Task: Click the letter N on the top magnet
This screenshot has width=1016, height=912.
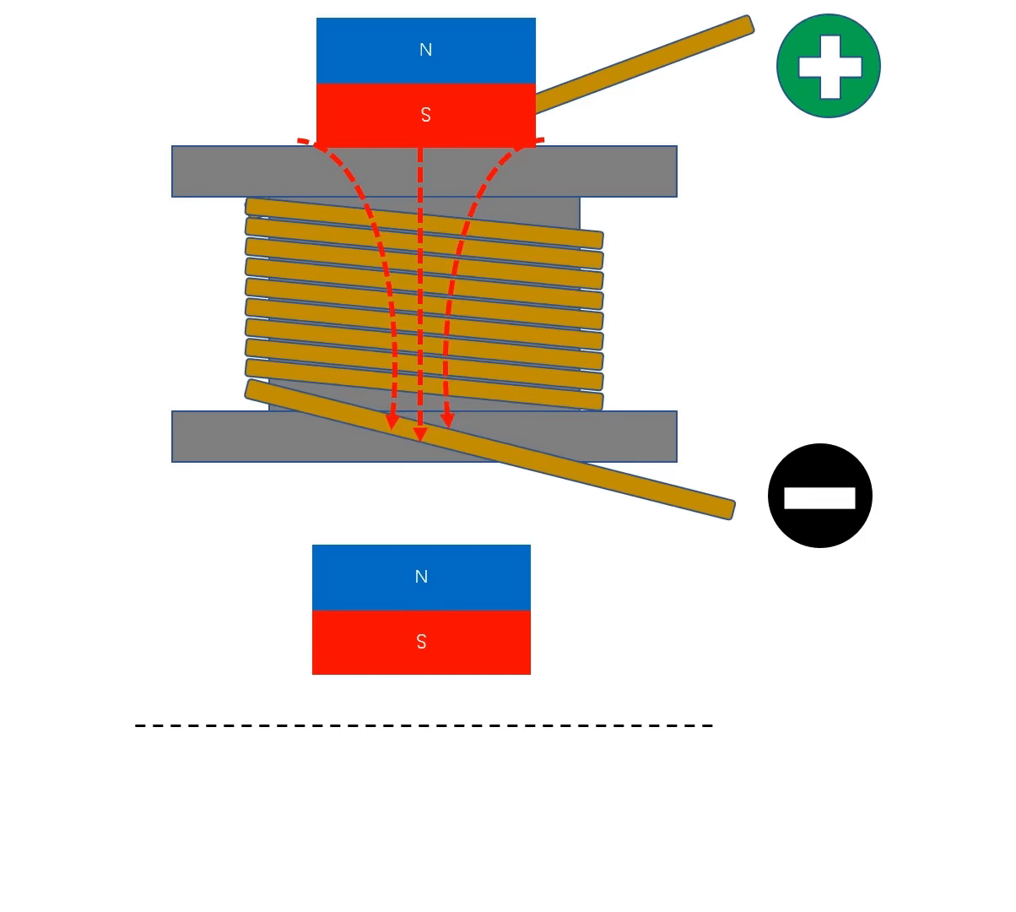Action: (425, 50)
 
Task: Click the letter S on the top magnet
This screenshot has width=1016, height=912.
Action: (425, 115)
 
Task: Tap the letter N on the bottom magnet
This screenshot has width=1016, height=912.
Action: (421, 577)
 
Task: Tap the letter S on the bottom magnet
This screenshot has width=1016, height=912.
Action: (421, 642)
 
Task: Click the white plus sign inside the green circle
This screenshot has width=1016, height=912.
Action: (830, 66)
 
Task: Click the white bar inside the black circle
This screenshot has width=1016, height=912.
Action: (819, 498)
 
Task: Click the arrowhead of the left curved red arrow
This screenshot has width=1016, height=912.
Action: (392, 421)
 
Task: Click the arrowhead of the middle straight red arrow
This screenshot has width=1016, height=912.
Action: (420, 434)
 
